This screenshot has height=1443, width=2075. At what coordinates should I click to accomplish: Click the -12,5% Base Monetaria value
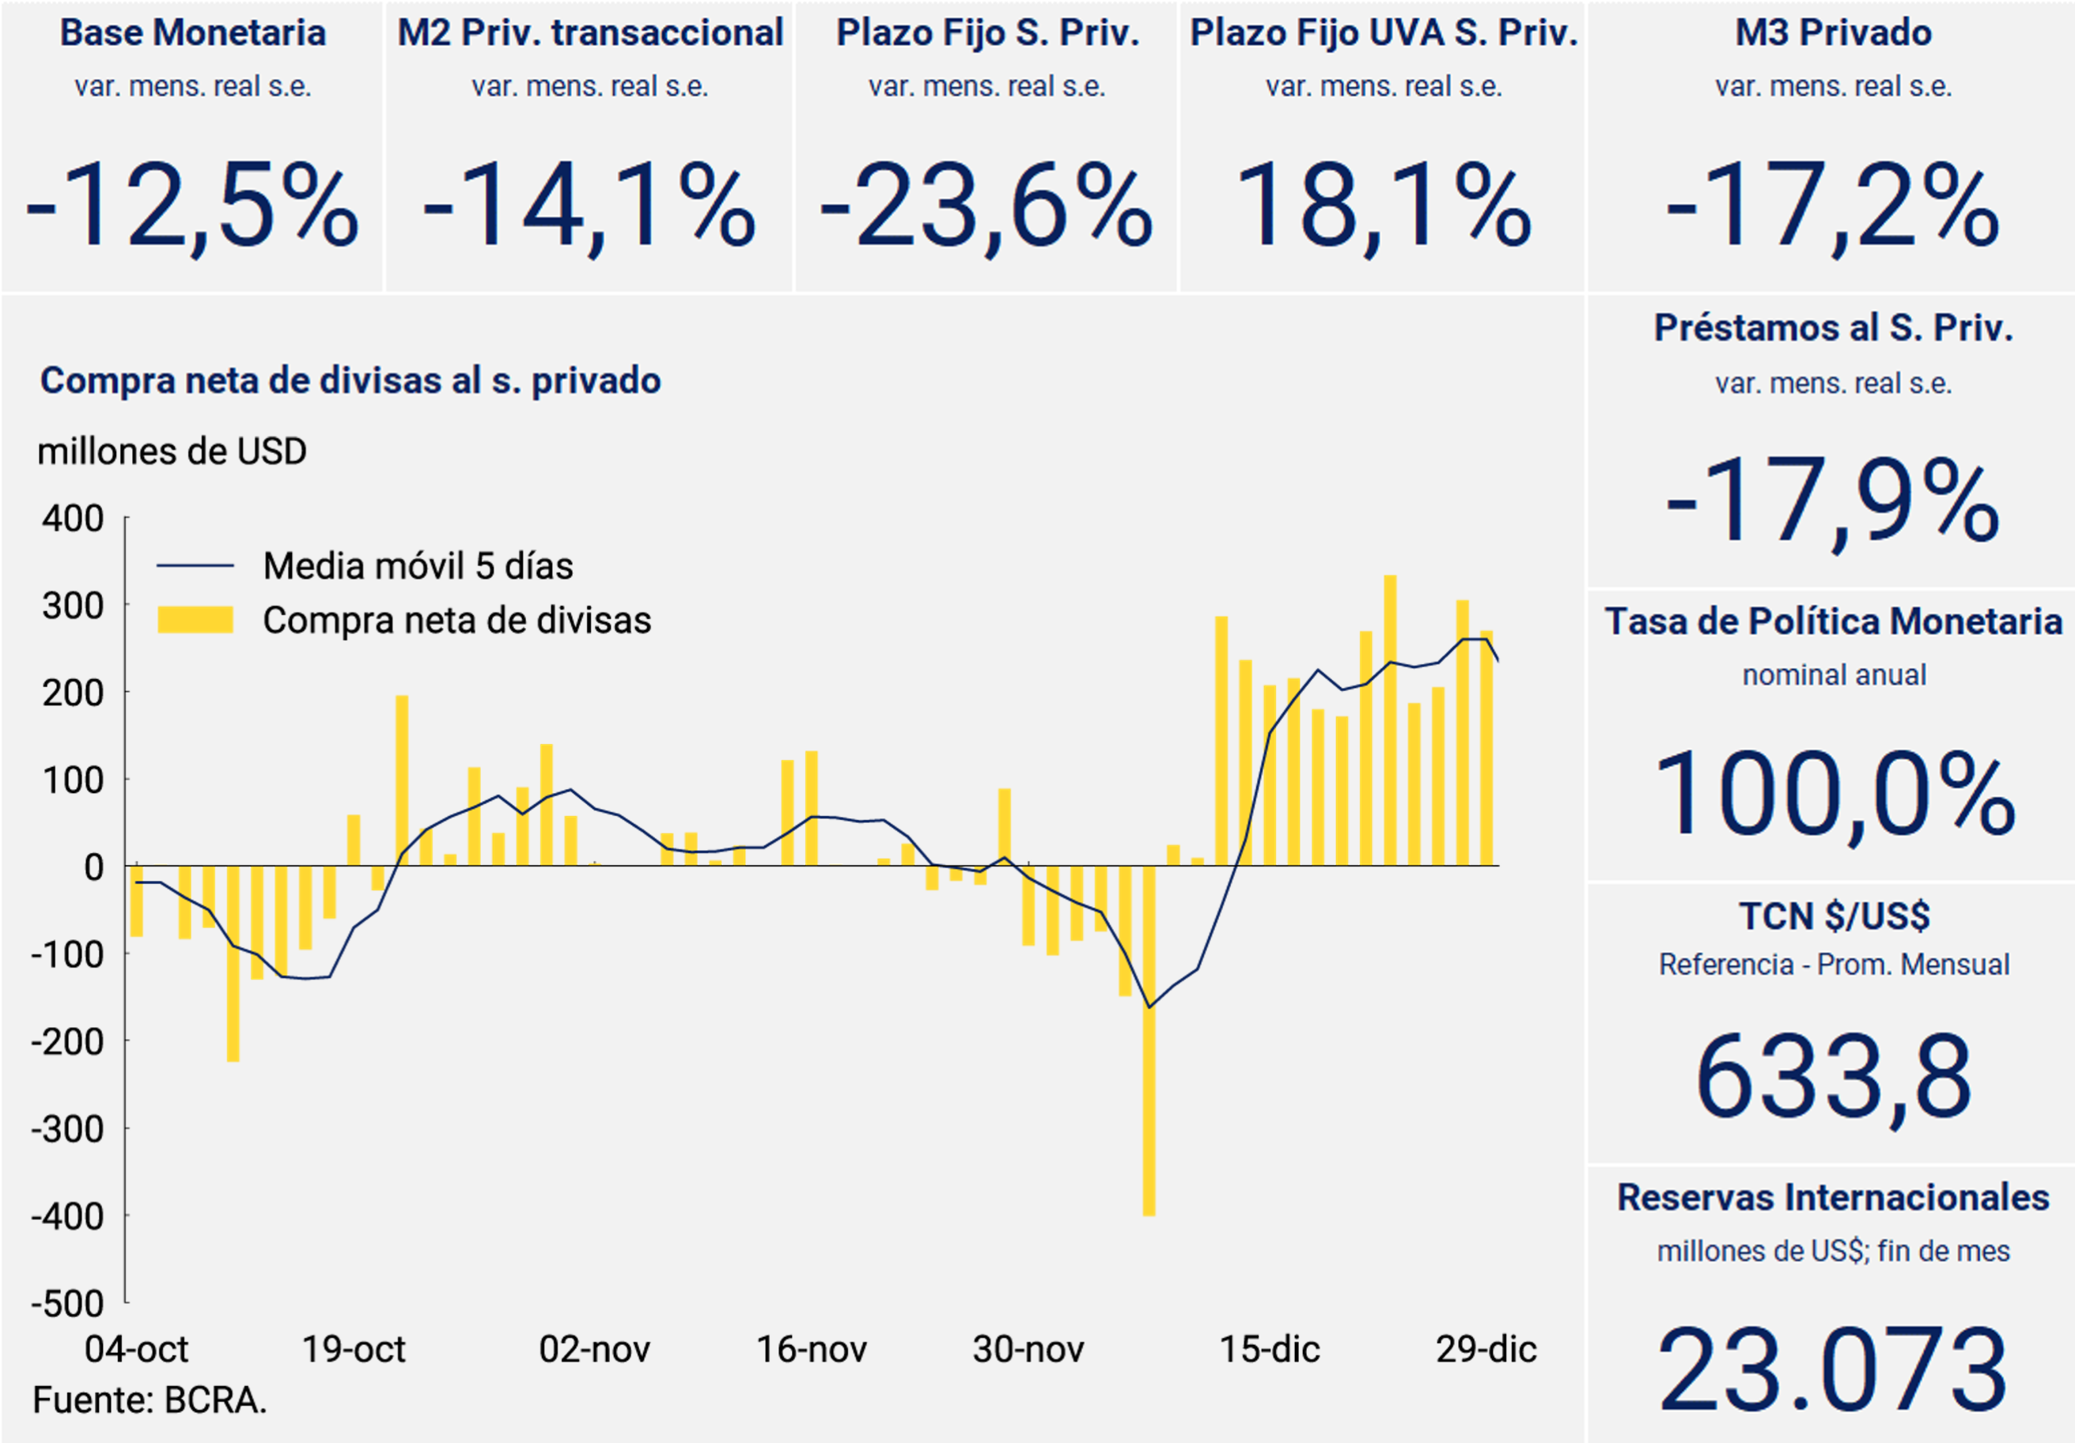pyautogui.click(x=191, y=205)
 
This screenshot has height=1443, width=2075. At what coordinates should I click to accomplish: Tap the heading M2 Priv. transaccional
pyautogui.click(x=590, y=33)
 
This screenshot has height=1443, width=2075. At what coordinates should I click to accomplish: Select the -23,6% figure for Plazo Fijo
pyautogui.click(x=986, y=205)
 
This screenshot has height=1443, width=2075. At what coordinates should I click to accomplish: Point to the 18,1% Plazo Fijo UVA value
pyautogui.click(x=1383, y=205)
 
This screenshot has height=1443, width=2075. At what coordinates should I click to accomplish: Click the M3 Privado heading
pyautogui.click(x=1833, y=33)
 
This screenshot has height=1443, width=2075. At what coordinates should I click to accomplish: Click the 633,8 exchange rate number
pyautogui.click(x=1834, y=1077)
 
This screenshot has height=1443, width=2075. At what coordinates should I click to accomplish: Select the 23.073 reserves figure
pyautogui.click(x=1833, y=1369)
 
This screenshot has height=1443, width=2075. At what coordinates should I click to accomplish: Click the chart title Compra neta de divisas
pyautogui.click(x=350, y=380)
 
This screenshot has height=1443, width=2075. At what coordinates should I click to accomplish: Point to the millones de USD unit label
pyautogui.click(x=172, y=451)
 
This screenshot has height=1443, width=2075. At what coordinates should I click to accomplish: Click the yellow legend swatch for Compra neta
pyautogui.click(x=195, y=620)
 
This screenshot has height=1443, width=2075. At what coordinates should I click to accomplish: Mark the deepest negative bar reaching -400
pyautogui.click(x=1149, y=1039)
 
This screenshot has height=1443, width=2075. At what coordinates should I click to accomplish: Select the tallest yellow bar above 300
pyautogui.click(x=1390, y=720)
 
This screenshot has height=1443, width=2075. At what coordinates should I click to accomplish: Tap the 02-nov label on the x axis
pyautogui.click(x=594, y=1349)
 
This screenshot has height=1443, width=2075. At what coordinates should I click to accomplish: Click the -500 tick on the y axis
pyautogui.click(x=68, y=1303)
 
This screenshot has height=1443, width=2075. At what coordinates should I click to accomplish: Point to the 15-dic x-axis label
pyautogui.click(x=1269, y=1349)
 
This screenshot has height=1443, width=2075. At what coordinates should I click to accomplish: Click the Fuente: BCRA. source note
pyautogui.click(x=150, y=1400)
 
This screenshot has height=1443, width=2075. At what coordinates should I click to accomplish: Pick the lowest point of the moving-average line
pyautogui.click(x=1149, y=1007)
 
